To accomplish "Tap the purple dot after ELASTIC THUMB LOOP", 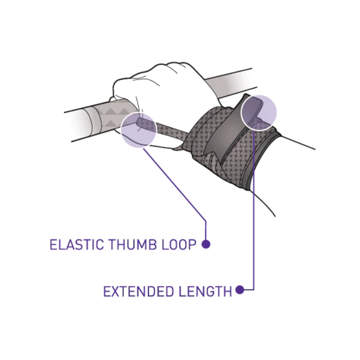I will [x=206, y=244].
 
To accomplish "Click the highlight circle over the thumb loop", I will [x=138, y=129].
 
